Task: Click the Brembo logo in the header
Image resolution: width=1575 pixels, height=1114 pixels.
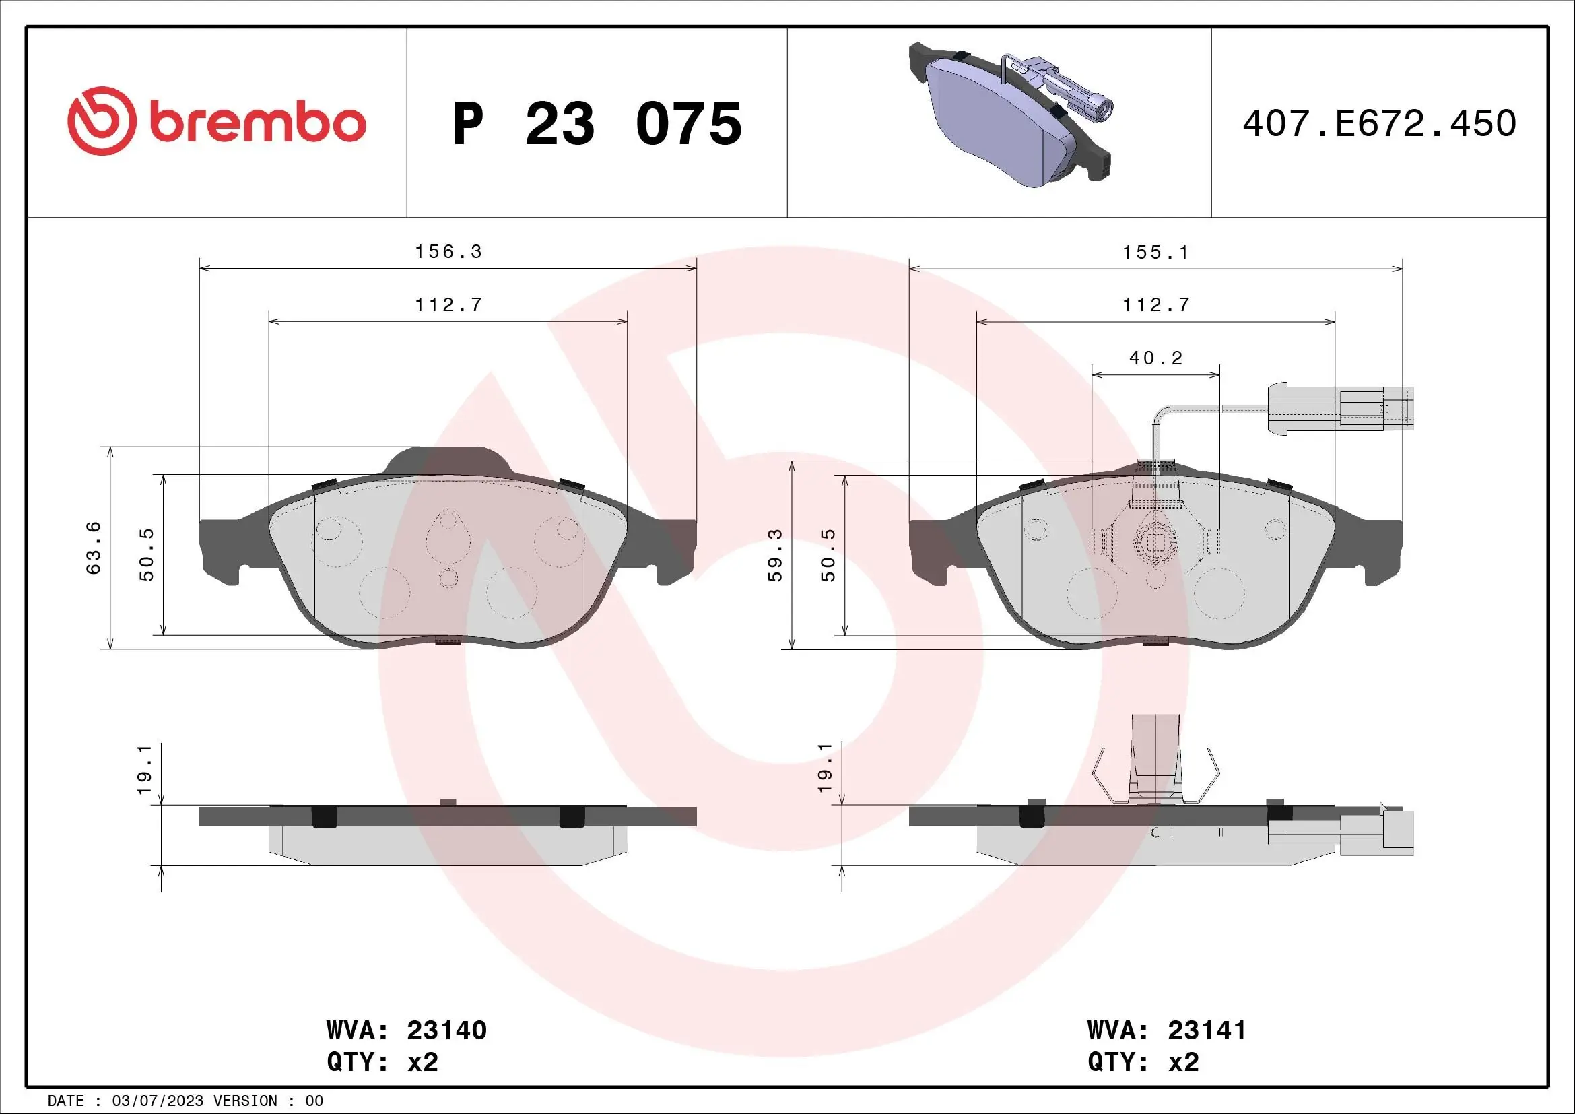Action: pyautogui.click(x=216, y=122)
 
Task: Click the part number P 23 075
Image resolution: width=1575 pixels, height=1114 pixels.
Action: pyautogui.click(x=597, y=124)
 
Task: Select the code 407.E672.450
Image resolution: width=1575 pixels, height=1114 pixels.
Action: pyautogui.click(x=1379, y=123)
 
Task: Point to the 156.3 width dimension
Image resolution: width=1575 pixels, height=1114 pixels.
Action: pyautogui.click(x=448, y=252)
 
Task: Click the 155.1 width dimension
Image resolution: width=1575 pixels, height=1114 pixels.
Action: pyautogui.click(x=1156, y=253)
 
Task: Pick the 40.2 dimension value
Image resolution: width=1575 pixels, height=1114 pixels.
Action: pyautogui.click(x=1156, y=358)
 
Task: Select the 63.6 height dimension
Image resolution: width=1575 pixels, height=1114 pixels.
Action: pyautogui.click(x=94, y=548)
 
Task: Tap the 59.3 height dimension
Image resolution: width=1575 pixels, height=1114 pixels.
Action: pyautogui.click(x=774, y=555)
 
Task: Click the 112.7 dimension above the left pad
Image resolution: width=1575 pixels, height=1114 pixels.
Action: pyautogui.click(x=448, y=304)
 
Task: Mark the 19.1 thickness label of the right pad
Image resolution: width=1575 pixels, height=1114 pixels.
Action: pyautogui.click(x=826, y=767)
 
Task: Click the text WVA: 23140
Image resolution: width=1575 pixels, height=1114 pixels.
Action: pyautogui.click(x=406, y=1030)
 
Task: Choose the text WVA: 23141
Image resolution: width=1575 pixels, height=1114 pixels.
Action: pyautogui.click(x=1166, y=1030)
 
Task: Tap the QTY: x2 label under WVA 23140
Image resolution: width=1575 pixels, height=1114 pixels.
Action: pyautogui.click(x=382, y=1062)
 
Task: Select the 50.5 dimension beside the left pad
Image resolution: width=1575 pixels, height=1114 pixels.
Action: pyautogui.click(x=146, y=555)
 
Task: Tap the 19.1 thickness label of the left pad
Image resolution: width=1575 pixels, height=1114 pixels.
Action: pyautogui.click(x=144, y=768)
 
